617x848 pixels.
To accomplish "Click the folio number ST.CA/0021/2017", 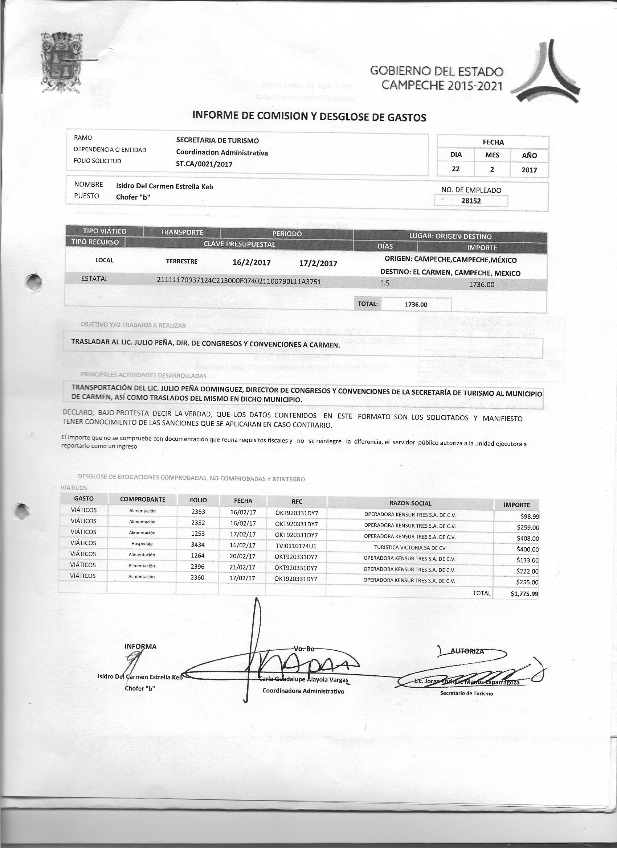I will [x=204, y=164].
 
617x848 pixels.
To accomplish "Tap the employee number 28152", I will [x=471, y=201].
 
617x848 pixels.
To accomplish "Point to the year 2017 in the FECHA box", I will [x=529, y=170].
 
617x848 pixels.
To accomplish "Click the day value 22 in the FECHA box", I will [x=455, y=169].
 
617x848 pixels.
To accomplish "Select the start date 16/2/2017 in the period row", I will [x=252, y=262].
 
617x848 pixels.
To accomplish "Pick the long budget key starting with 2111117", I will [x=239, y=281].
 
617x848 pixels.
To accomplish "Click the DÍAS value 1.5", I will [x=384, y=283].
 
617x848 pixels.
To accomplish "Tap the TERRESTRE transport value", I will [x=182, y=262].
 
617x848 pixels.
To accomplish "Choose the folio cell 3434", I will [x=198, y=545].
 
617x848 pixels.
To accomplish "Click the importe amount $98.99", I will [x=527, y=516].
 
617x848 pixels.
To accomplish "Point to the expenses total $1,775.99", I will [x=524, y=593].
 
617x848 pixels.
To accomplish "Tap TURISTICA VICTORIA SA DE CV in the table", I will [x=409, y=548].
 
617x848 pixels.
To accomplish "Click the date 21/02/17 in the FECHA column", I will [x=242, y=567].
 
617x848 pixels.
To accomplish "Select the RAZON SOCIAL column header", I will [x=410, y=503].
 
